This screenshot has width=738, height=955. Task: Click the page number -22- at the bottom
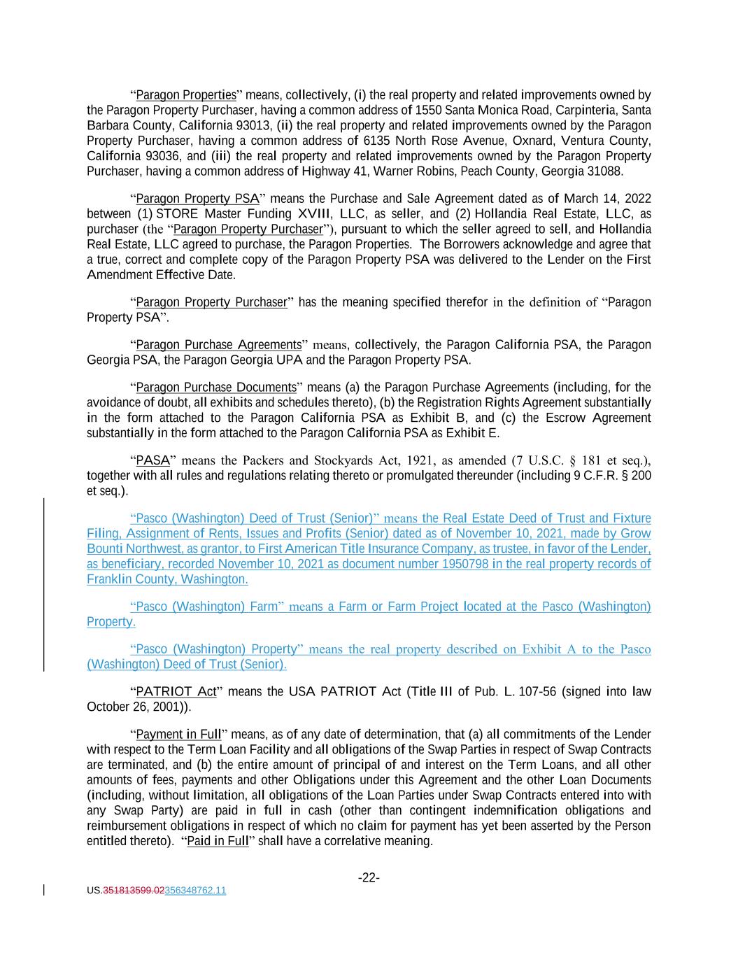click(x=369, y=877)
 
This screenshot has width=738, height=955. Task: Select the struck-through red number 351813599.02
click(x=134, y=891)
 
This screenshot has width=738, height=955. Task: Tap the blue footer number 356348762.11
click(x=195, y=891)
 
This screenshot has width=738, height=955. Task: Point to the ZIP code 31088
click(x=606, y=171)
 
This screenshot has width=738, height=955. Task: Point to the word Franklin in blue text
click(x=109, y=579)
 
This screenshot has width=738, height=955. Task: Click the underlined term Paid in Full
click(x=218, y=841)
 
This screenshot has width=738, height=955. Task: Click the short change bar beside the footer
click(x=44, y=890)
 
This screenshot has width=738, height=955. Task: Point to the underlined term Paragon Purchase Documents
click(x=216, y=387)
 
